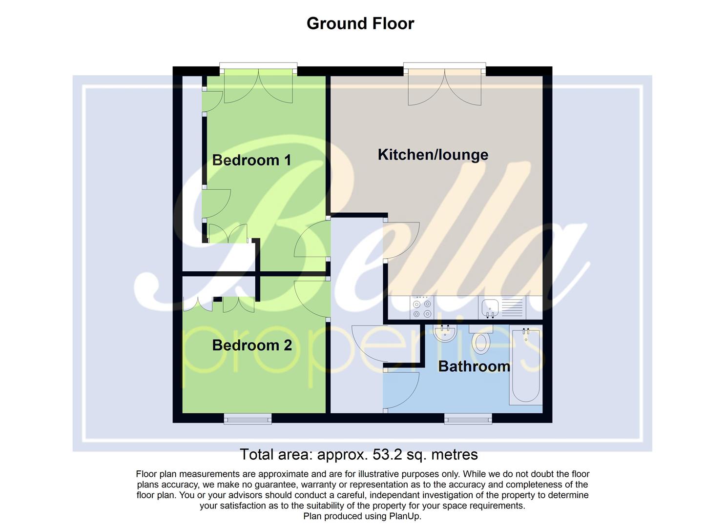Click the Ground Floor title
click(360, 23)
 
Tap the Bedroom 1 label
click(251, 160)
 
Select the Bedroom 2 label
click(252, 345)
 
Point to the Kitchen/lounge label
click(433, 155)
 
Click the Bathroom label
click(474, 366)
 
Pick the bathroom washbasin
click(445, 334)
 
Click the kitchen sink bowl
click(490, 308)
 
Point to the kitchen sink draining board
click(512, 308)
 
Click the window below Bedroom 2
click(248, 418)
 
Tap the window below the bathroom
click(468, 418)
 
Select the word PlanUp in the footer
click(404, 516)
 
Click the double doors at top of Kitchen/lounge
click(445, 88)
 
